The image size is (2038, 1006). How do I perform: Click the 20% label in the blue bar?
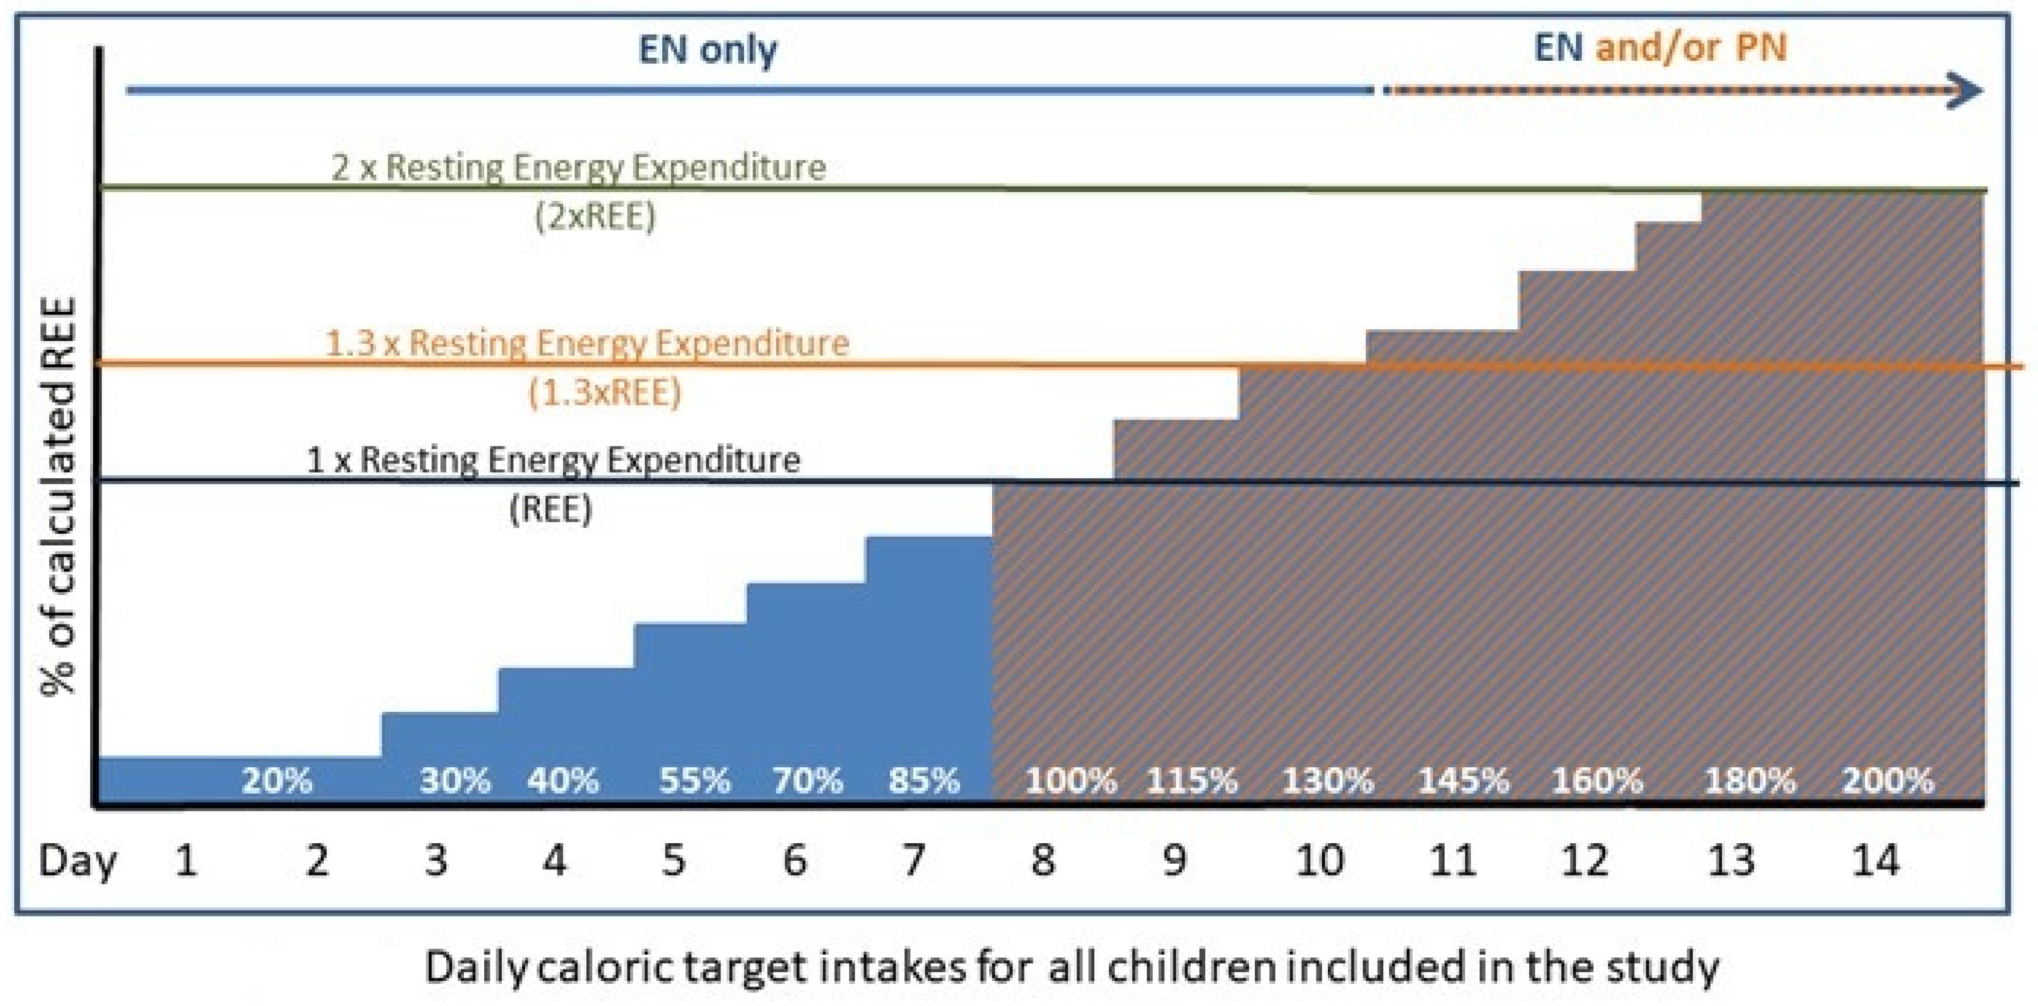[277, 781]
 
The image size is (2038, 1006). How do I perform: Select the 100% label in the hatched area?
[1070, 781]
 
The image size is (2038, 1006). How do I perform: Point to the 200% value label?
[1888, 781]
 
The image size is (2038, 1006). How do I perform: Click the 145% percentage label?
[1463, 781]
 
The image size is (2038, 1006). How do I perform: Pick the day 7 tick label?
[914, 860]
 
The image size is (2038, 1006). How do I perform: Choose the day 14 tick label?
[1875, 860]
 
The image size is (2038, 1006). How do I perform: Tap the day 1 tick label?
[186, 860]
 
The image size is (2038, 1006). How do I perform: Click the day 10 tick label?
[1320, 860]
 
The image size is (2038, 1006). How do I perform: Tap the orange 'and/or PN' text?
[1691, 47]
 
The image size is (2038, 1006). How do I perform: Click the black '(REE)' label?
[551, 509]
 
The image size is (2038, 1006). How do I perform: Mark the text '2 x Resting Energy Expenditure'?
[578, 167]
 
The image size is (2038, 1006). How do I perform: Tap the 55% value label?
[695, 781]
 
